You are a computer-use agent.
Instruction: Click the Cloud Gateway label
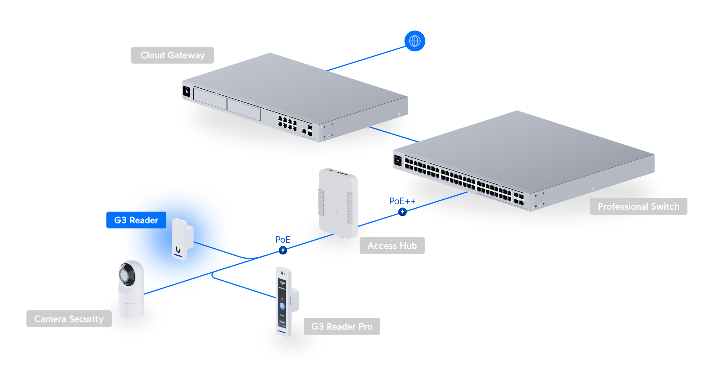172,55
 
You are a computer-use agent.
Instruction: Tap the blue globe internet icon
414,41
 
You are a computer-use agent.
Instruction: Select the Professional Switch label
638,206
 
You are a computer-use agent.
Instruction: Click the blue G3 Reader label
136,220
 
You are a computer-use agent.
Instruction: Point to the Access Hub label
392,245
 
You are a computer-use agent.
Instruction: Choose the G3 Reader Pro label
342,326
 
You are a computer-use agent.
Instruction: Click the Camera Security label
69,319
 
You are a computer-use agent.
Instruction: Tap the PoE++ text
402,201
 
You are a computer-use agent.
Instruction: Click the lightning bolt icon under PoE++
402,212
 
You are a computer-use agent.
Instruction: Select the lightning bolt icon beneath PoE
283,250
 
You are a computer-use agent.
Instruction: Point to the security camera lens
125,275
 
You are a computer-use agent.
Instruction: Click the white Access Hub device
338,204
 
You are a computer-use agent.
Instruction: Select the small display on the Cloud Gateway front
186,92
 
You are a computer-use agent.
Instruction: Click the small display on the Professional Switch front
398,160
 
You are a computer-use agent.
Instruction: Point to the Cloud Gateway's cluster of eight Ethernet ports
287,124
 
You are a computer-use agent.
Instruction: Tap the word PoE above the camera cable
283,239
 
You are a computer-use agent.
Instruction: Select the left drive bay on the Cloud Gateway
210,98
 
